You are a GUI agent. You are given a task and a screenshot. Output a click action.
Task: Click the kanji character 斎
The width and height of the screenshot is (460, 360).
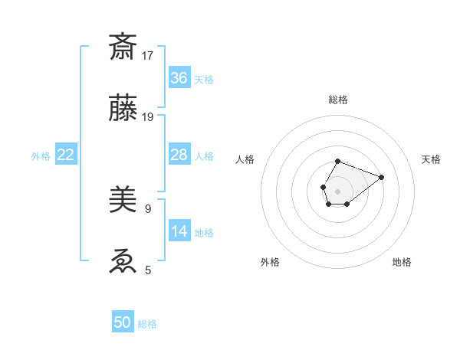pos(123,47)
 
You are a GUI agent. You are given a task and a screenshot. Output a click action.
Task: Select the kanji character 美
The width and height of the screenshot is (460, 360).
pos(123,201)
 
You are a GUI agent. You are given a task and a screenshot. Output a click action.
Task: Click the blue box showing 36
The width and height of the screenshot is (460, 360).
pos(179,77)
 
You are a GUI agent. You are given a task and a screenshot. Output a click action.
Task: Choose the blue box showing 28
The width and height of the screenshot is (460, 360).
pos(179,155)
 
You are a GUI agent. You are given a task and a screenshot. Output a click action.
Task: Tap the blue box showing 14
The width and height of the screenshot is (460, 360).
pos(179,231)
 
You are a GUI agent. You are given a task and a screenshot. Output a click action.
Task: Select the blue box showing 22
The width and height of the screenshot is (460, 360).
pos(66,155)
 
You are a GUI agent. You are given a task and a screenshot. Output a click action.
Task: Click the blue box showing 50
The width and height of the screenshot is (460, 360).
pos(123,322)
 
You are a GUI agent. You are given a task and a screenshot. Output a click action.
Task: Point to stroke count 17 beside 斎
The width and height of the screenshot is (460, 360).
pos(148,55)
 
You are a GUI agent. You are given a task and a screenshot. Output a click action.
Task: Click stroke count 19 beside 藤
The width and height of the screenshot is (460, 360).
pos(148,117)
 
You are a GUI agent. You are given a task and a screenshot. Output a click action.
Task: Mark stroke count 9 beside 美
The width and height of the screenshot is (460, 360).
pos(147,208)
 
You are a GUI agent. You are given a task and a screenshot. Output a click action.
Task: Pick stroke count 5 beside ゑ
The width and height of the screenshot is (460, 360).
pos(147,270)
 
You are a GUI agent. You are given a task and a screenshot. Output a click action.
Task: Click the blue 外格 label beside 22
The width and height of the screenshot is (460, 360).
pos(41,156)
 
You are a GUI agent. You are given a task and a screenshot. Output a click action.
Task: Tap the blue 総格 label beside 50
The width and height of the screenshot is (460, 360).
pos(147,324)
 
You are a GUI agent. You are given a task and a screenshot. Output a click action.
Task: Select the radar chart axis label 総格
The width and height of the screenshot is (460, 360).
pos(338,100)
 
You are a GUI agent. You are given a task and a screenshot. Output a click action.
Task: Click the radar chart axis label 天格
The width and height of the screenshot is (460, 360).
pos(432,159)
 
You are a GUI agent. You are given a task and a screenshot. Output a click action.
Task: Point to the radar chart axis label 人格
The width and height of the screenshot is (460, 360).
pos(245,159)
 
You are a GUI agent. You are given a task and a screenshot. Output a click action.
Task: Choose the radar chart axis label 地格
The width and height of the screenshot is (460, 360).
pos(402,263)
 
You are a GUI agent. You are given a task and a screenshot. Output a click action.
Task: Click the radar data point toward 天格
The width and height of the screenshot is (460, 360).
pos(381,177)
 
